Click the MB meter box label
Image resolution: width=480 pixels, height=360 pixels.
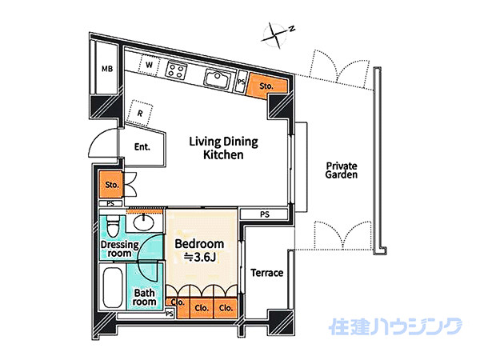coord(107,69)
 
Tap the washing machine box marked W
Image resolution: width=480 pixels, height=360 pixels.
coord(149,66)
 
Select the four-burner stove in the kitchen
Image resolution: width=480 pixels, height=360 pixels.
coord(177,70)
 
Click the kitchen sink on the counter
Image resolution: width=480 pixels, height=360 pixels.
coord(218,78)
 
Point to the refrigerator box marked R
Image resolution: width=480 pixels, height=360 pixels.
coord(140,113)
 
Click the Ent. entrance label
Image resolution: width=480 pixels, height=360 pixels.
coord(142,147)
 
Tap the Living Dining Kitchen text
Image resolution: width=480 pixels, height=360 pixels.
coord(223,148)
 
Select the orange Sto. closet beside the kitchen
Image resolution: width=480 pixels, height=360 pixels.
coord(267,86)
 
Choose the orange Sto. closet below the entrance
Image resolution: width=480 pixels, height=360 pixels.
coord(110,185)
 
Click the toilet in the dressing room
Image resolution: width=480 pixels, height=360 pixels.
coord(113,226)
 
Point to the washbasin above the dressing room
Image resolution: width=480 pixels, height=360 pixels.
coord(144,222)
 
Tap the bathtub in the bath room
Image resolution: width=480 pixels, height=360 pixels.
coord(113,288)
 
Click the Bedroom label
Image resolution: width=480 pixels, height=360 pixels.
coord(199,244)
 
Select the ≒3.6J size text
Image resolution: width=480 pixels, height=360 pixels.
coord(200,258)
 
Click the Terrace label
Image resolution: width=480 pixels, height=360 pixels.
coord(267,273)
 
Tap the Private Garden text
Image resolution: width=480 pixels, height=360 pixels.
coord(342,170)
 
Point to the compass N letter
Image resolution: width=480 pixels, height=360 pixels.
coord(292,29)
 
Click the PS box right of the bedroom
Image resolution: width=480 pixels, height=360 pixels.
coord(264,214)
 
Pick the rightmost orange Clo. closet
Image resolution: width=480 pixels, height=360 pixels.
coord(226,308)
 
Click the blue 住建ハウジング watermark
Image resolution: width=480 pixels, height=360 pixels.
coord(395,326)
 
